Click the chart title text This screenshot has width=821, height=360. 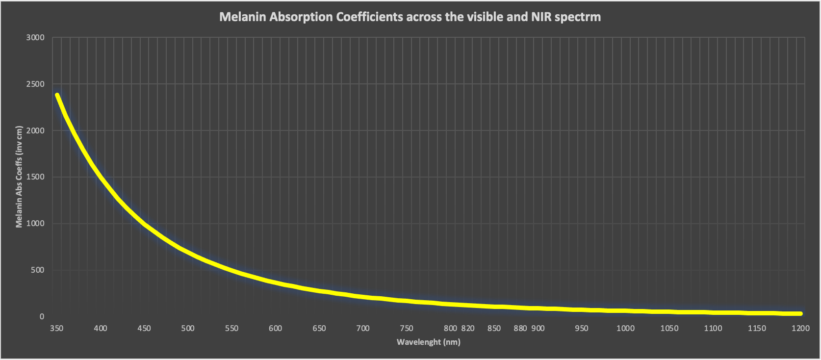pos(410,17)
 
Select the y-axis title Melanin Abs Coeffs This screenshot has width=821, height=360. pos(19,177)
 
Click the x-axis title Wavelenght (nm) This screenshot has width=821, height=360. pos(429,342)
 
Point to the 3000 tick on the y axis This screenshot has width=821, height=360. pos(35,38)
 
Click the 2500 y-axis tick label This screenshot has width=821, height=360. pos(35,84)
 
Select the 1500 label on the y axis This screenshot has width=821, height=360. pos(35,177)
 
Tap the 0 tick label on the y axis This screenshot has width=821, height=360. pos(42,316)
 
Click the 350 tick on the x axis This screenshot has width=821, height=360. pos(57,328)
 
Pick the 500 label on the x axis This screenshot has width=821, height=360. pos(188,328)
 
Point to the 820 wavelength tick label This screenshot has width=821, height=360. pos(468,328)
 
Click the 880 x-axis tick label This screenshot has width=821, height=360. pos(520,328)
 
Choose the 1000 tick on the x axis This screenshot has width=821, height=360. pos(625,328)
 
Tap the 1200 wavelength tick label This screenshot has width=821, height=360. pos(800,328)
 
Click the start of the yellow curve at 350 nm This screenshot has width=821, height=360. pos(57,95)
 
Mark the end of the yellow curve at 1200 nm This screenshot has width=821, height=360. pos(800,313)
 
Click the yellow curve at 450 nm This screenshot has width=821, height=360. pos(145,225)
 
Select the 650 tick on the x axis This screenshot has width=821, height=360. pos(319,328)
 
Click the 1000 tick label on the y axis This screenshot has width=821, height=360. pos(35,224)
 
